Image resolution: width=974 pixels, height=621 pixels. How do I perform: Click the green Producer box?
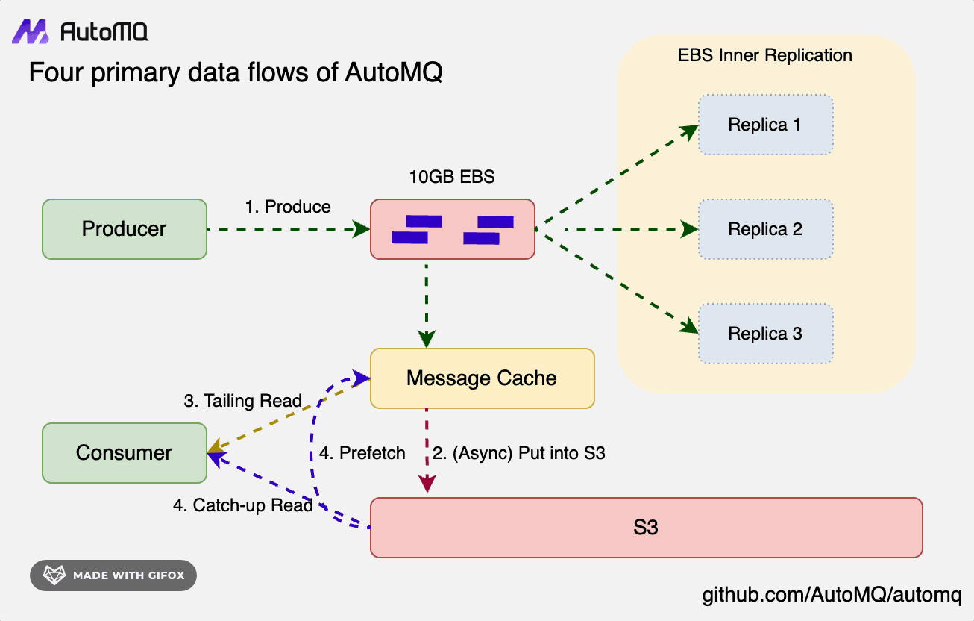tap(124, 229)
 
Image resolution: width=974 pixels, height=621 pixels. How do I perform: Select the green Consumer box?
tap(124, 453)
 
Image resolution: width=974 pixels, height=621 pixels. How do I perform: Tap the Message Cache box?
tap(482, 378)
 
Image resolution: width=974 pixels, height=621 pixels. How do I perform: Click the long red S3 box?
tap(646, 528)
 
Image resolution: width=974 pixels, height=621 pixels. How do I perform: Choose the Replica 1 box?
tap(765, 125)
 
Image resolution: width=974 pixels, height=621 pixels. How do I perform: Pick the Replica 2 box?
tap(765, 229)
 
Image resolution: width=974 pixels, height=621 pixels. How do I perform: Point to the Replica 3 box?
tap(765, 334)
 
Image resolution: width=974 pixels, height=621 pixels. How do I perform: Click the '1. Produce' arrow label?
tap(288, 207)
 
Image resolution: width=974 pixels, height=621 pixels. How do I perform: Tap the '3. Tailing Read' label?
tap(242, 401)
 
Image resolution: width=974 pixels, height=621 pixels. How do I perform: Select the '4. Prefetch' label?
tap(362, 453)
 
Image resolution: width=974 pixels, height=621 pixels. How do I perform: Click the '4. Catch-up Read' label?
tap(242, 505)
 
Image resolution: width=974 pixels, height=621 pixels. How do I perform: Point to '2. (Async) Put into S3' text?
tap(518, 453)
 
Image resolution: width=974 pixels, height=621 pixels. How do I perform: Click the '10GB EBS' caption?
tap(452, 178)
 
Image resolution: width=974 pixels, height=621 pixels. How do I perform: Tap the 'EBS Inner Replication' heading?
tap(765, 55)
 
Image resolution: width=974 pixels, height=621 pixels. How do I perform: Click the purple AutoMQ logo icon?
tap(31, 31)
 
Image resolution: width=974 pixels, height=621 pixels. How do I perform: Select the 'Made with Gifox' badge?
tap(113, 575)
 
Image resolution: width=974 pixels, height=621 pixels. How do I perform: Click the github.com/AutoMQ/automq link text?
tap(832, 596)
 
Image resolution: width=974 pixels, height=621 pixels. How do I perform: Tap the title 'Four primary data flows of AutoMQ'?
tap(235, 73)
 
